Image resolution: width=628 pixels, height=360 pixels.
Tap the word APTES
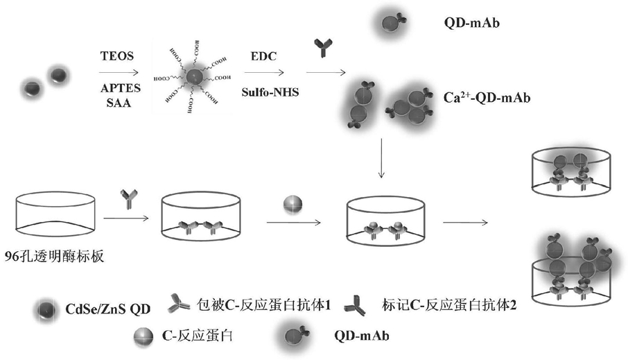117,88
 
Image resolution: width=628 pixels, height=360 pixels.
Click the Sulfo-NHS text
270,91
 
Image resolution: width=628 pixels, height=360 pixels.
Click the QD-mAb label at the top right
473,23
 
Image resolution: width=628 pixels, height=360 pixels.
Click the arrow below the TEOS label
116,71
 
